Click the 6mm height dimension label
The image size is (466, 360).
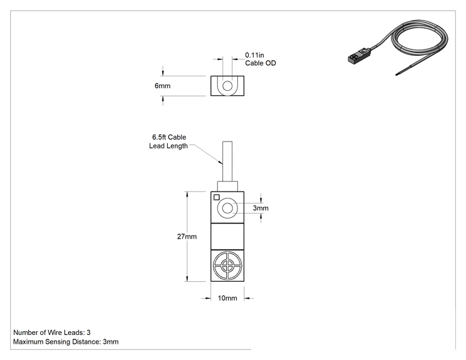click(x=162, y=86)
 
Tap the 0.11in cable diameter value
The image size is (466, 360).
click(x=254, y=55)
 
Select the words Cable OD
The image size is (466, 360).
click(x=261, y=63)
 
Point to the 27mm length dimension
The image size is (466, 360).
click(x=187, y=237)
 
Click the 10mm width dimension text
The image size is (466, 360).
click(x=227, y=298)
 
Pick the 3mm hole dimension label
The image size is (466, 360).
click(x=261, y=208)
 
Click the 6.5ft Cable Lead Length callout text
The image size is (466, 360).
click(x=168, y=141)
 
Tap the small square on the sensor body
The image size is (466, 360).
click(x=217, y=197)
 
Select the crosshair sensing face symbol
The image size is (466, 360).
click(x=227, y=265)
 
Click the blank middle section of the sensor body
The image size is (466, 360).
click(x=227, y=237)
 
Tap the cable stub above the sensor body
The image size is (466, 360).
click(x=227, y=162)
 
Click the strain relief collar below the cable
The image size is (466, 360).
click(x=227, y=186)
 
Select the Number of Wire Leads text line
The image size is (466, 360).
click(x=52, y=332)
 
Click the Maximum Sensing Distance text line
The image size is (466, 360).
click(x=66, y=342)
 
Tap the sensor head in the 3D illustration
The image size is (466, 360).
click(x=359, y=56)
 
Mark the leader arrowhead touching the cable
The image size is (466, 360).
click(x=220, y=162)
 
